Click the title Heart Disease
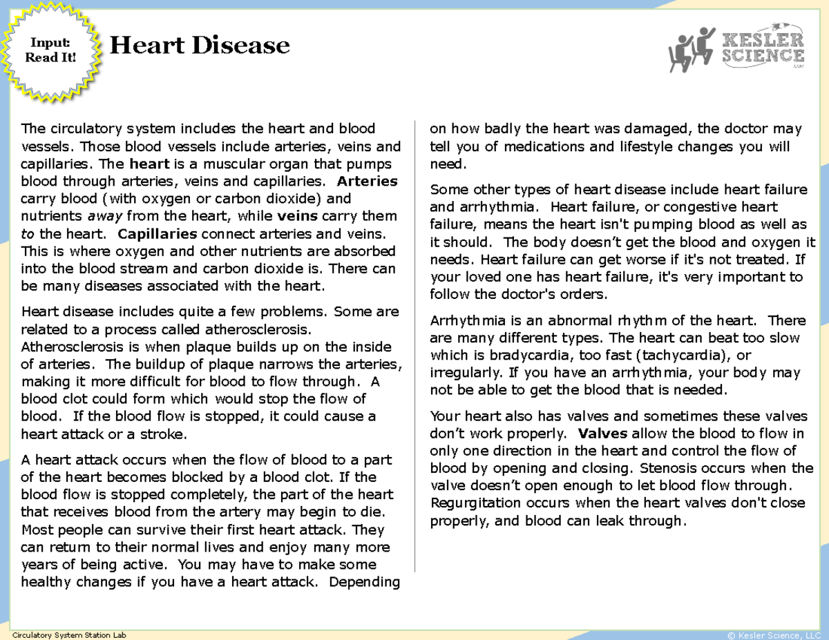tap(200, 46)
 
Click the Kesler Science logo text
tap(763, 48)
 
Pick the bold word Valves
tap(602, 434)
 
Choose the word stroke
tap(164, 434)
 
